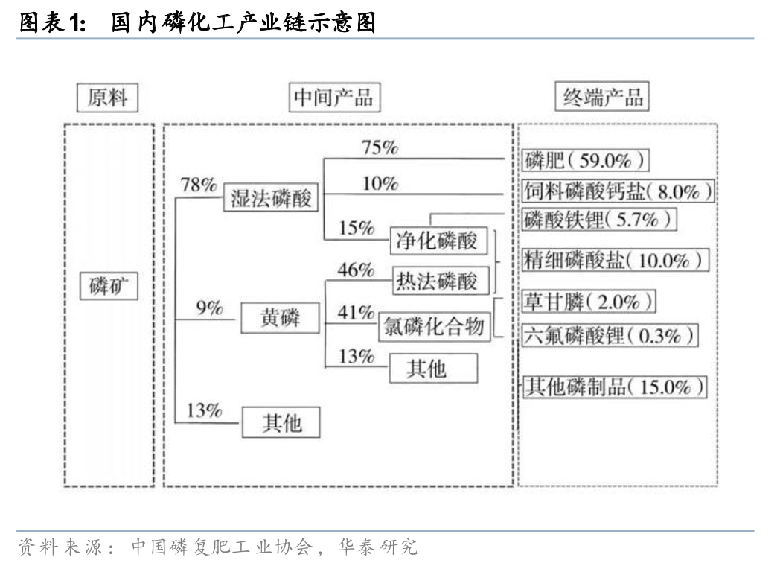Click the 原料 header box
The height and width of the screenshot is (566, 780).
point(108,98)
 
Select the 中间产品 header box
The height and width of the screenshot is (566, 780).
point(331,98)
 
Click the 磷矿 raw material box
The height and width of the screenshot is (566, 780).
point(109,286)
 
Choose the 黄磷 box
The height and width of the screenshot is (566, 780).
point(280,318)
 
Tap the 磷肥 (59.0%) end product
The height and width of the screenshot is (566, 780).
point(585,160)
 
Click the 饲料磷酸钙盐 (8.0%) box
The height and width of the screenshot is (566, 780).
point(616,191)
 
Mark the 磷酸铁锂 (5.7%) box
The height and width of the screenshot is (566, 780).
point(598,220)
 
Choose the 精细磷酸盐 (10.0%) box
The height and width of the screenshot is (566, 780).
point(614,260)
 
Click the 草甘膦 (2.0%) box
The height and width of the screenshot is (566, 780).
point(589,302)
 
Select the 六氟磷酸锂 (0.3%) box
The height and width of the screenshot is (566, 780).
point(609,335)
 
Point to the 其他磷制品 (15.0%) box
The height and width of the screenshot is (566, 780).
point(613,387)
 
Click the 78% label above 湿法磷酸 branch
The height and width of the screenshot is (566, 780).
point(199,185)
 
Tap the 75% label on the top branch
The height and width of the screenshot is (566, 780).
point(380,147)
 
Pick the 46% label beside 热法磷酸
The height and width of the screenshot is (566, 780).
point(356,270)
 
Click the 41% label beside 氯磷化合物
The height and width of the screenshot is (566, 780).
point(356,314)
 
